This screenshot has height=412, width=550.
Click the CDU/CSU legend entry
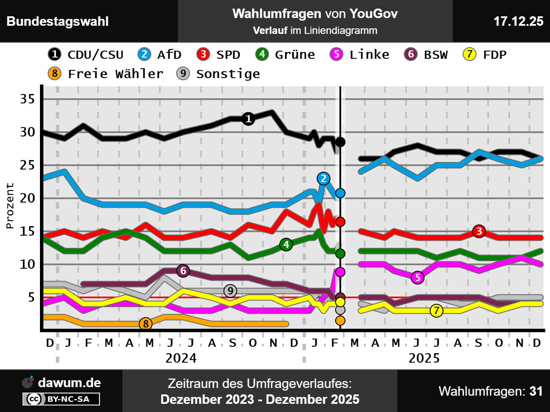pos(86,55)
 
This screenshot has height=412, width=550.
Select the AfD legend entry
pos(160,55)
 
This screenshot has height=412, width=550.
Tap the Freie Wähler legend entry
pos(106,74)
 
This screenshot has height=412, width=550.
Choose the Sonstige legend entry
pos(218,74)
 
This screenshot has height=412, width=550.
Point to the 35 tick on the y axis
pos(27,99)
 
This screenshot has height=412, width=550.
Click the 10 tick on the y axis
pos(27,264)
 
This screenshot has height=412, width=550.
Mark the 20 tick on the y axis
pos(27,198)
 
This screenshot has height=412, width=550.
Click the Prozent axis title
pos(10,206)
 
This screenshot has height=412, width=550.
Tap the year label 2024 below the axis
pos(181,358)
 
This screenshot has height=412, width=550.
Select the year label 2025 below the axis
pos(424,358)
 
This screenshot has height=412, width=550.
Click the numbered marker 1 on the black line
pos(248,119)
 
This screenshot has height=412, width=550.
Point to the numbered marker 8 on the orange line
pos(146,324)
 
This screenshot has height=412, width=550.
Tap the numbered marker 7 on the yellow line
pos(437,310)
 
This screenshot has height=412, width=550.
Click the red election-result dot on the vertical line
pos(340,222)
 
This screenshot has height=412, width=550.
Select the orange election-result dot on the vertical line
pos(340,321)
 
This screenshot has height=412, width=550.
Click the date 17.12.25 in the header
pos(518,21)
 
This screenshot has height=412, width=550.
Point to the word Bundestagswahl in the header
pos(58,21)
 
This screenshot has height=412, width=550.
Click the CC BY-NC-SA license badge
pos(61,399)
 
